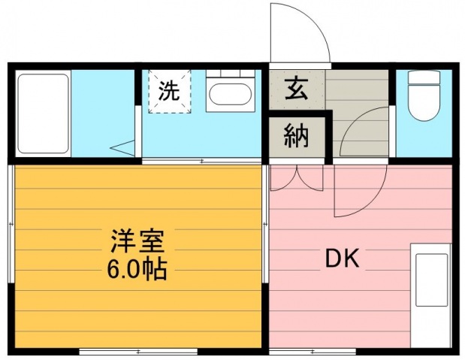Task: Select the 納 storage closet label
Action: click(296, 137)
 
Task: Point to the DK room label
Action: click(343, 259)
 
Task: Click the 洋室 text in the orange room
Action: click(137, 241)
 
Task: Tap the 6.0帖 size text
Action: click(137, 270)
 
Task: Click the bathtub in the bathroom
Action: click(44, 113)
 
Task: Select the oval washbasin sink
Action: click(230, 94)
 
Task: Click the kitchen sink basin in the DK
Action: click(431, 280)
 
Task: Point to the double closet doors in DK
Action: click(297, 178)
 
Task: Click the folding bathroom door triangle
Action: click(122, 148)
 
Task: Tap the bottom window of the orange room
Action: click(138, 352)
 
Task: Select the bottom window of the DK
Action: click(313, 352)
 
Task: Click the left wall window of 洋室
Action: click(11, 224)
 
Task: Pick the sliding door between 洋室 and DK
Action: click(265, 224)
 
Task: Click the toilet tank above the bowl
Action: click(424, 77)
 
